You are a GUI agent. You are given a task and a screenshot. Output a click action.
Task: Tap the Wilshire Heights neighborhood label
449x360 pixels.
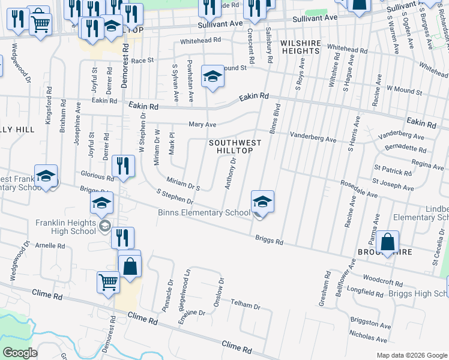(299, 47)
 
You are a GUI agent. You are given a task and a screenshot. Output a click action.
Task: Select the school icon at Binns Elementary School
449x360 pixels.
(262, 202)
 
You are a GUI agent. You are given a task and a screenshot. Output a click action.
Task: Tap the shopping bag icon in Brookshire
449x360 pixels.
(388, 242)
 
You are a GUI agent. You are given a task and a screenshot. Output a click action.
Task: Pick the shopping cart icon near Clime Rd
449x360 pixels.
(109, 281)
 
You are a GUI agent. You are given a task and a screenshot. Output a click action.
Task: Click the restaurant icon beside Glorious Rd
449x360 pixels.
(123, 167)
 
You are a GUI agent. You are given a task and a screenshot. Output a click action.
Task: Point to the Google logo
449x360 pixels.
(20, 352)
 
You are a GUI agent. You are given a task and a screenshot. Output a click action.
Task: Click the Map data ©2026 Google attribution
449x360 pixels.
(411, 355)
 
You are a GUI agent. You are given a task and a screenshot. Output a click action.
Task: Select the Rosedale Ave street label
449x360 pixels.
(358, 188)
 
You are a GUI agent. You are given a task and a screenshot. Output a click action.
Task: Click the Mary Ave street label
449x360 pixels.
(202, 125)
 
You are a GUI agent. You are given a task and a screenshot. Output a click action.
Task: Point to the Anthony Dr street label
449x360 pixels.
(230, 174)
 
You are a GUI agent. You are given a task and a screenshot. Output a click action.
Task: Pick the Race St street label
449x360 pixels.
(143, 61)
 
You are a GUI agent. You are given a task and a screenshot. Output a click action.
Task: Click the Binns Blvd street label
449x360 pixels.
(274, 119)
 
